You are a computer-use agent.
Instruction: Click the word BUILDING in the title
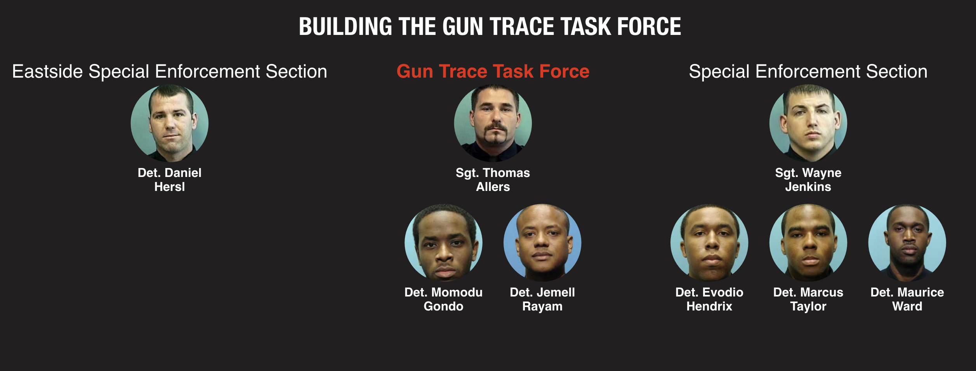click(346, 27)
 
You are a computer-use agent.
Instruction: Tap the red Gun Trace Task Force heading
click(493, 71)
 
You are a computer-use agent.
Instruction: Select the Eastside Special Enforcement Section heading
click(170, 72)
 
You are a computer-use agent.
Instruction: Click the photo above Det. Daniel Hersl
click(170, 123)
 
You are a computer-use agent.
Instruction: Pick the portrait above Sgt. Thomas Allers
click(493, 123)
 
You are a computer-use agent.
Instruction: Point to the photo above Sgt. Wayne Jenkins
click(808, 123)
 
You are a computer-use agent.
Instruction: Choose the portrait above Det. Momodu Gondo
click(444, 243)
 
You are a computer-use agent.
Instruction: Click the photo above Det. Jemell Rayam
click(542, 243)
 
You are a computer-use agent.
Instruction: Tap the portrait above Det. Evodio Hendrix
click(709, 243)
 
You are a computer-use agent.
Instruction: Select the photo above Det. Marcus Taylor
click(808, 243)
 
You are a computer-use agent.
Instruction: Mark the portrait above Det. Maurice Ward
click(907, 243)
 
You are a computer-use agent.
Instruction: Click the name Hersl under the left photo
click(170, 187)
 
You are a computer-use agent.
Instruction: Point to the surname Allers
click(493, 187)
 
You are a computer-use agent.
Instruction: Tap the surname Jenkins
click(808, 187)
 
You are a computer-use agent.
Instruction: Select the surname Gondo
click(444, 307)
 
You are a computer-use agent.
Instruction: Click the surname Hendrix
click(709, 307)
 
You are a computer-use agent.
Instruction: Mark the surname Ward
click(907, 307)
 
